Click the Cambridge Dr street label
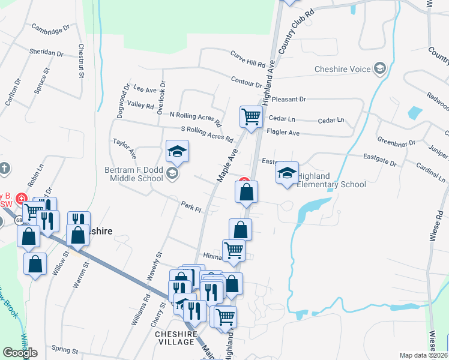tap(51, 28)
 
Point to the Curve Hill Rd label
tap(247, 59)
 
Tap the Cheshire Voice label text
tap(343, 69)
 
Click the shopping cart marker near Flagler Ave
tap(251, 117)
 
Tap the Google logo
tap(20, 353)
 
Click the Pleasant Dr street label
tap(289, 99)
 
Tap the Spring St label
tap(65, 349)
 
